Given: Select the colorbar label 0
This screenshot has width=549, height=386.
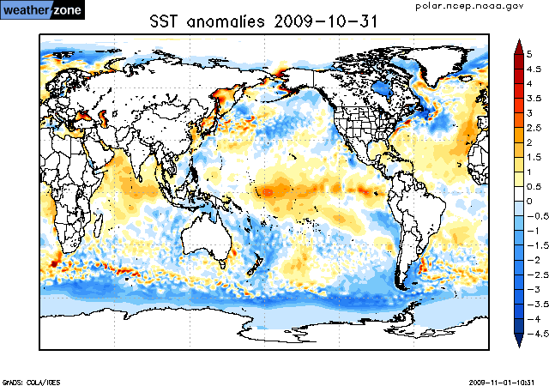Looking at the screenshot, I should [x=530, y=201].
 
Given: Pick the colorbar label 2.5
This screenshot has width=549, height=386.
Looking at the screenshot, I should [x=534, y=127].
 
